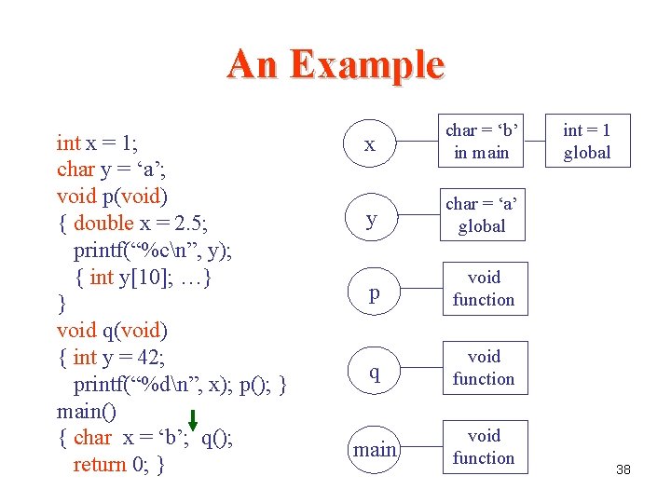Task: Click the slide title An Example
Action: point(335,65)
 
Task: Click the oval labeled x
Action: point(371,143)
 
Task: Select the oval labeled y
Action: point(371,218)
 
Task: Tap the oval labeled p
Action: point(374,292)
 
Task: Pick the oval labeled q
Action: point(374,372)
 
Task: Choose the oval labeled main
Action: point(374,450)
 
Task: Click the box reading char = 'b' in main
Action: point(482,142)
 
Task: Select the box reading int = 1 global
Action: point(587,142)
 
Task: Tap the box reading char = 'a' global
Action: point(482,215)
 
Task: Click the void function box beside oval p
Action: point(483,289)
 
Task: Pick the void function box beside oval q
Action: point(483,368)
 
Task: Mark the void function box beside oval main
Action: point(483,447)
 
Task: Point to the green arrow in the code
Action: point(193,423)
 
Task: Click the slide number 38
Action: point(623,469)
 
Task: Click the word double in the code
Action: point(103,223)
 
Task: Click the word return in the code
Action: point(101,464)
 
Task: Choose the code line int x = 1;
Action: point(97,143)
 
